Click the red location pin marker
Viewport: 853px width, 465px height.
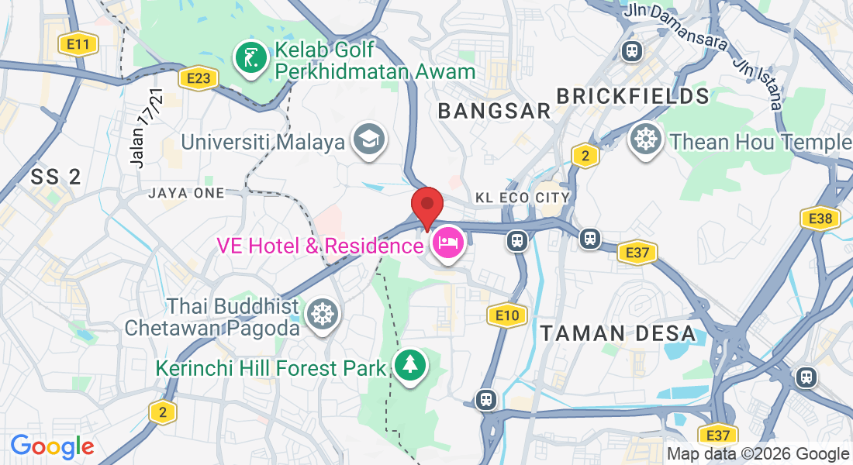pos(427,207)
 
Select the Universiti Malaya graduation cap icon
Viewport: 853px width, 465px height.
pos(368,139)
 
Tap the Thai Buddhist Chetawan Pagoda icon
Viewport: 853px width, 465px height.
pos(320,315)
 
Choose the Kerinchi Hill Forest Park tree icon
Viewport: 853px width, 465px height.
pos(409,364)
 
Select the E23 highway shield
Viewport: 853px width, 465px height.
pos(198,77)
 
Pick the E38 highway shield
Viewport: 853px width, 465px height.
pos(820,219)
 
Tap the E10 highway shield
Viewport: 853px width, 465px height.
pos(507,315)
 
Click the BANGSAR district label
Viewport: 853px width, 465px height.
pos(494,111)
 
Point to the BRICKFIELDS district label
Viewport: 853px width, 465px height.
pos(633,96)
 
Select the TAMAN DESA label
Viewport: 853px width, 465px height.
pos(618,334)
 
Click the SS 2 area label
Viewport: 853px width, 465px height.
pos(56,177)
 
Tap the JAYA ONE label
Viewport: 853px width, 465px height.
pos(186,193)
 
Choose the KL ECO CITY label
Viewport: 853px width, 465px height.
pos(523,198)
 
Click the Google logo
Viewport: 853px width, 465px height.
pos(52,446)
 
